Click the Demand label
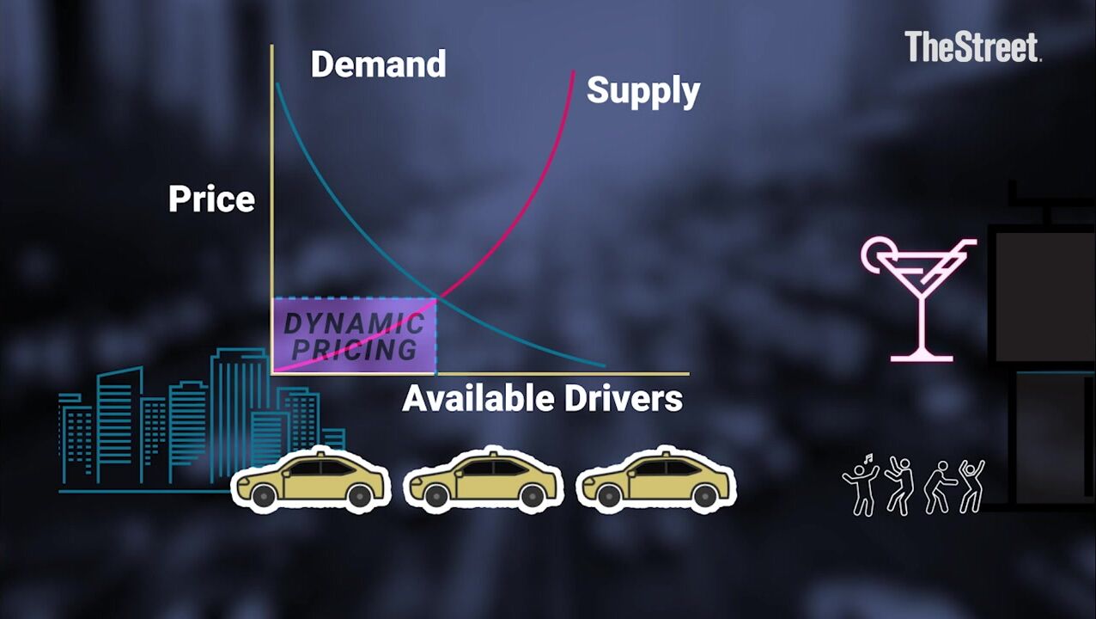tap(378, 64)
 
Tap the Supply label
tap(642, 90)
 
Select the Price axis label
tap(211, 199)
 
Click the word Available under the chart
tap(478, 398)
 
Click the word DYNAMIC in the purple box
tap(354, 324)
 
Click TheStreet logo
tap(972, 47)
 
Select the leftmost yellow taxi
tap(310, 479)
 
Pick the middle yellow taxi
tap(482, 479)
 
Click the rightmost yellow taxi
tap(655, 479)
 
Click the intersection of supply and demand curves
tap(438, 297)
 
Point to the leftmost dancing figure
tap(861, 485)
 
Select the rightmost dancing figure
tap(971, 487)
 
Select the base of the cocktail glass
tap(921, 355)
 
